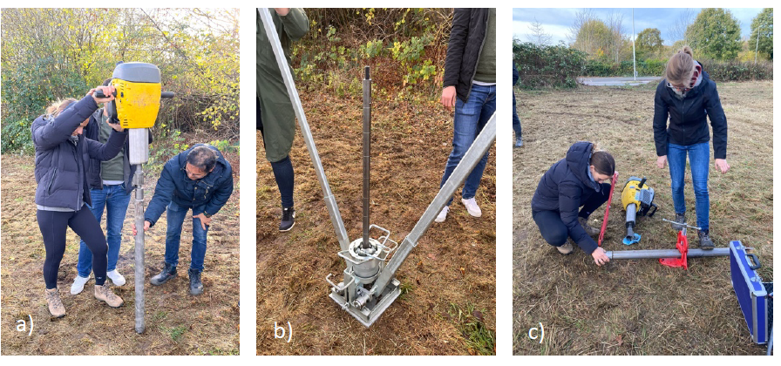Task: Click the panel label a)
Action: [24, 325]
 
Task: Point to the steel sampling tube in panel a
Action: [139, 253]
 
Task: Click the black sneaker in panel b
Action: [287, 218]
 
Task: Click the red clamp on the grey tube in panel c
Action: [676, 251]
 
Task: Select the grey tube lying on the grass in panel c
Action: [645, 254]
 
